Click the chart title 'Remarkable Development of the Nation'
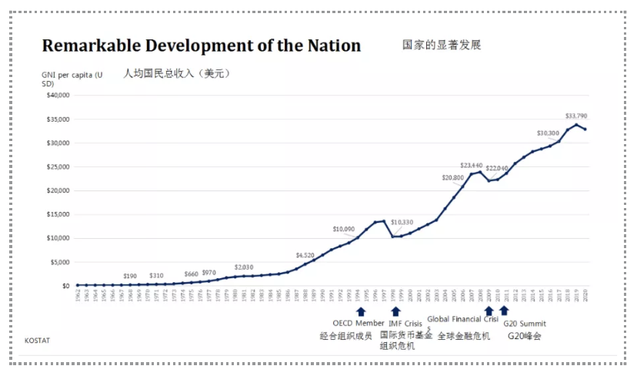point(201,45)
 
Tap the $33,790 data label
point(576,116)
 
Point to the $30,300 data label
point(548,133)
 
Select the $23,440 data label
point(471,166)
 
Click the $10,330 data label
point(402,223)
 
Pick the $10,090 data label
point(344,230)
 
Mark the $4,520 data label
point(305,255)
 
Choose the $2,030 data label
point(244,267)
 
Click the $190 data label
point(131,276)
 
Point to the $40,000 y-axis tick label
point(58,96)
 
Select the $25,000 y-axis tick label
point(58,166)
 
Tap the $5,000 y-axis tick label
point(60,262)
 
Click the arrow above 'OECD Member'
point(360,311)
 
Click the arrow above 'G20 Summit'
point(504,311)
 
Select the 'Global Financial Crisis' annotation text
point(462,320)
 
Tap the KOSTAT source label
point(36,340)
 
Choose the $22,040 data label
point(496,168)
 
